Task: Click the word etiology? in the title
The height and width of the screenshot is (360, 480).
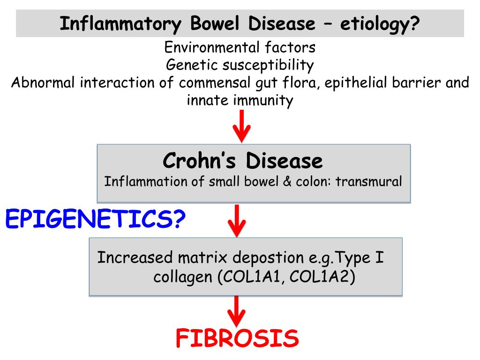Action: [379, 23]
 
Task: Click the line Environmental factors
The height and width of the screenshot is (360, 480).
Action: [240, 47]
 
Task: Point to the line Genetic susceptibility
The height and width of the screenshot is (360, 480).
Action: [240, 65]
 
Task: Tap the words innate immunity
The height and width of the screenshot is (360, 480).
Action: [240, 100]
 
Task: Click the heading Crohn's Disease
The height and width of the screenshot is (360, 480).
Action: [243, 161]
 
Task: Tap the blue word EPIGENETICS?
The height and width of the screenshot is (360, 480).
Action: [95, 219]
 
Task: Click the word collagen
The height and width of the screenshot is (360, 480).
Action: [183, 277]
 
